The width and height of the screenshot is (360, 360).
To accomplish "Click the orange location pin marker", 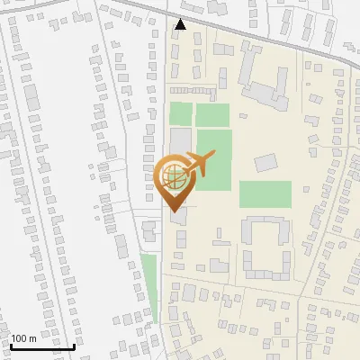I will tap(173, 178).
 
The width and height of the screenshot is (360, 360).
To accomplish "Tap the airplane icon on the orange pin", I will tap(196, 165).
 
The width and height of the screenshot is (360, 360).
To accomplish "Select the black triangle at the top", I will tap(181, 25).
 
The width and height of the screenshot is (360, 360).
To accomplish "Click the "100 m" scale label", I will tap(24, 337).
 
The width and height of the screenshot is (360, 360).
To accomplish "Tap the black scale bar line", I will tap(42, 346).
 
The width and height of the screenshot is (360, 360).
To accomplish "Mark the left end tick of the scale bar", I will tap(11, 344).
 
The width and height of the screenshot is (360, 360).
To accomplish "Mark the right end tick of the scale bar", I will tap(74, 344).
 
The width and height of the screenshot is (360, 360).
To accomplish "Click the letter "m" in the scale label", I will tap(33, 337).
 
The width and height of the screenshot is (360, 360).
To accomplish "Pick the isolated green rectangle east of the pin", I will tap(265, 194).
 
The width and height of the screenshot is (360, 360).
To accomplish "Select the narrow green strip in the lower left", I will tap(148, 288).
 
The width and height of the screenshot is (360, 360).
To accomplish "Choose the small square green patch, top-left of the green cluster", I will tap(182, 114).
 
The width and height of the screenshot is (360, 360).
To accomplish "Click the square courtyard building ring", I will tap(266, 247).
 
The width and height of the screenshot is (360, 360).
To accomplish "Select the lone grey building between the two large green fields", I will tap(265, 163).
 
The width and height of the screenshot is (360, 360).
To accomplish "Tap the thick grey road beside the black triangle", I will tap(234, 36).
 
